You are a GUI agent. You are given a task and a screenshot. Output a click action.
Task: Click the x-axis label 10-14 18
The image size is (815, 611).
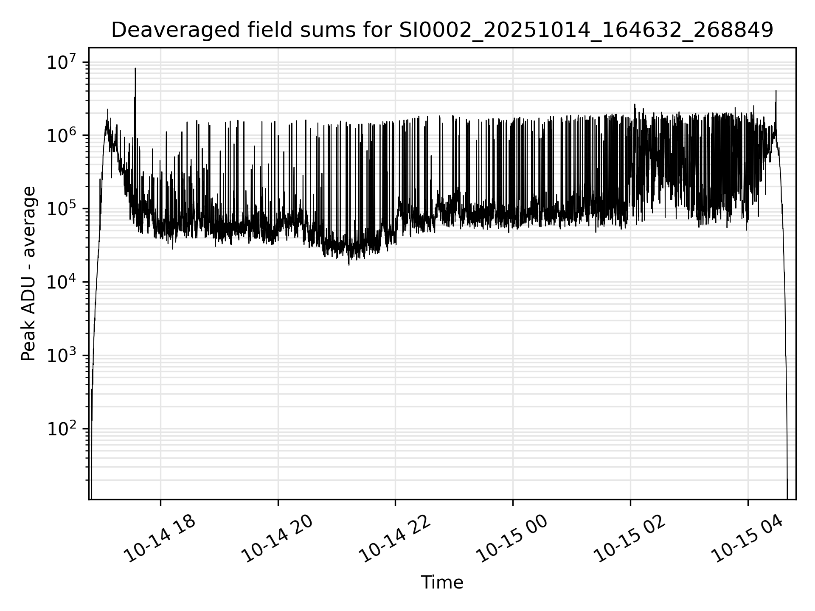click(160, 539)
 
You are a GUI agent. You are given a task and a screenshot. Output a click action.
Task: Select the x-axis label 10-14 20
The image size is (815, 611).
click(277, 539)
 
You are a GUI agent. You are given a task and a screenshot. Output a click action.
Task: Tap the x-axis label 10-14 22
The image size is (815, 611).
click(395, 539)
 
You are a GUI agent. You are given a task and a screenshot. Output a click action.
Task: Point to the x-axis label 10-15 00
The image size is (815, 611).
click(512, 539)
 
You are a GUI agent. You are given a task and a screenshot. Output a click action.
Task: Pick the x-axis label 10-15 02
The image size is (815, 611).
click(630, 539)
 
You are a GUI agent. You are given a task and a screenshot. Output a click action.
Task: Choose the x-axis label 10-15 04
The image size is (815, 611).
click(748, 539)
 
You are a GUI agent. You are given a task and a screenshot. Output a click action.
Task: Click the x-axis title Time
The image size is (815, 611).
click(442, 583)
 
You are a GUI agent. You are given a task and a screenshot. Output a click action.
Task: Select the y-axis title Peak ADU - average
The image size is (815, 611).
click(28, 274)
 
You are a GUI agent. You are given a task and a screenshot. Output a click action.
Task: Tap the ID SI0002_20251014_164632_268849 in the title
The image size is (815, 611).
click(586, 30)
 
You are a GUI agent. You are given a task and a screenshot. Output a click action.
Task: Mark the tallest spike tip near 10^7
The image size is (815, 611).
click(135, 68)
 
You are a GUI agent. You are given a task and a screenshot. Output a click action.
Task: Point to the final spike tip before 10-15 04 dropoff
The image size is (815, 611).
click(776, 91)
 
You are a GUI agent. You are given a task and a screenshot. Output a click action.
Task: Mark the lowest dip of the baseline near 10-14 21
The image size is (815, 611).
click(349, 265)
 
